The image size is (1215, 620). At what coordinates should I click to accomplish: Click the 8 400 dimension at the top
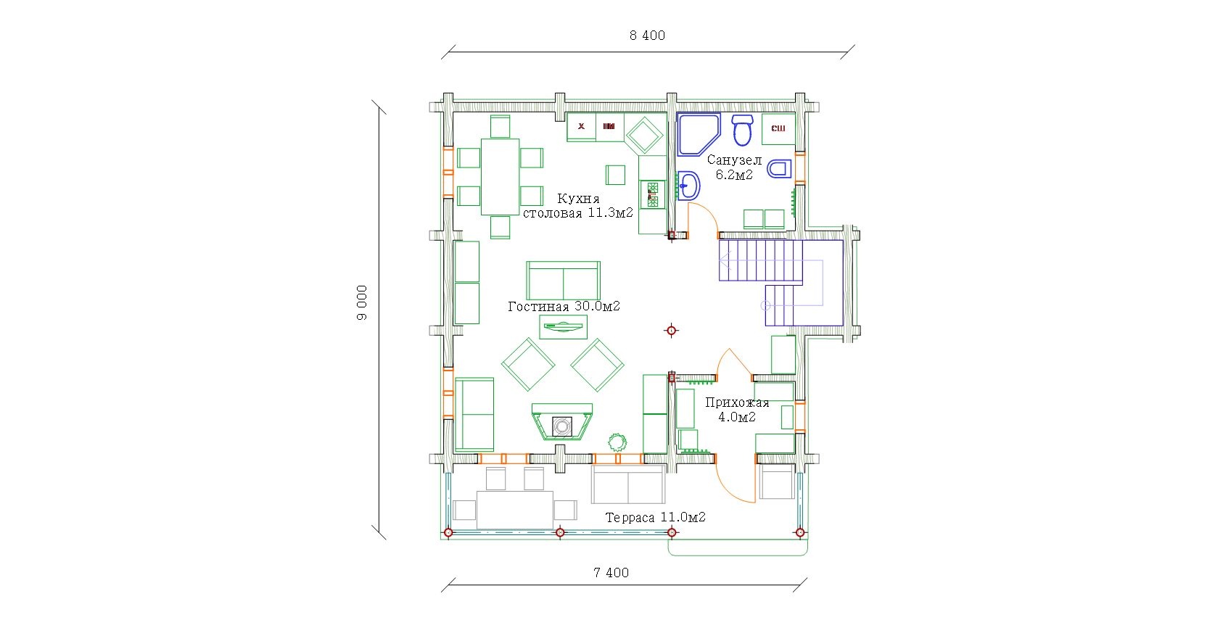tap(647, 36)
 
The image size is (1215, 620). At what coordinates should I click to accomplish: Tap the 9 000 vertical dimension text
tap(362, 302)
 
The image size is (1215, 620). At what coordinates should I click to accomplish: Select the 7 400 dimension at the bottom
tap(611, 573)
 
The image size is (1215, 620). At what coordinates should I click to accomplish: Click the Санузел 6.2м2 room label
tap(734, 167)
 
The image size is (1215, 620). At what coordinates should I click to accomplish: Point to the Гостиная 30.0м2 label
tap(564, 307)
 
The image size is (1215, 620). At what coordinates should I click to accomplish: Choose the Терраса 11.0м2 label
tap(655, 518)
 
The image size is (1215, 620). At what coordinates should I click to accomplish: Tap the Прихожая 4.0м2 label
tap(737, 410)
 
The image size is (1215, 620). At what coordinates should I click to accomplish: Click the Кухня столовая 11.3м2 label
tap(578, 206)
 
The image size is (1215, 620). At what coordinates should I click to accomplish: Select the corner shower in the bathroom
tap(699, 134)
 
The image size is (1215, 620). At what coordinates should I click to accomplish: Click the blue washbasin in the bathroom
tap(688, 186)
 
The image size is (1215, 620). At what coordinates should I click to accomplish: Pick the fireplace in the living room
tap(562, 421)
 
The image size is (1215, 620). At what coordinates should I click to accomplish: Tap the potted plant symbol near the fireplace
tap(617, 442)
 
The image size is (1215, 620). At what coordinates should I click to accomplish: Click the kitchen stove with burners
tap(653, 194)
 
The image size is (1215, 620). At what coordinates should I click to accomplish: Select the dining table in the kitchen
tap(500, 177)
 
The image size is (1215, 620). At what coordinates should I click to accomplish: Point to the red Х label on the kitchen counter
tap(581, 126)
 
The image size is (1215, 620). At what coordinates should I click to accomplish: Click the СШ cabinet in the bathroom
tap(778, 128)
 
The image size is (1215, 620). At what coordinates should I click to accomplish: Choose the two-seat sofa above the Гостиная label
tap(563, 281)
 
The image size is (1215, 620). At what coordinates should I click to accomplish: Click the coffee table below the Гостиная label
tap(563, 327)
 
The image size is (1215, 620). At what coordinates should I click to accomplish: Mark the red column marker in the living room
tap(672, 331)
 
